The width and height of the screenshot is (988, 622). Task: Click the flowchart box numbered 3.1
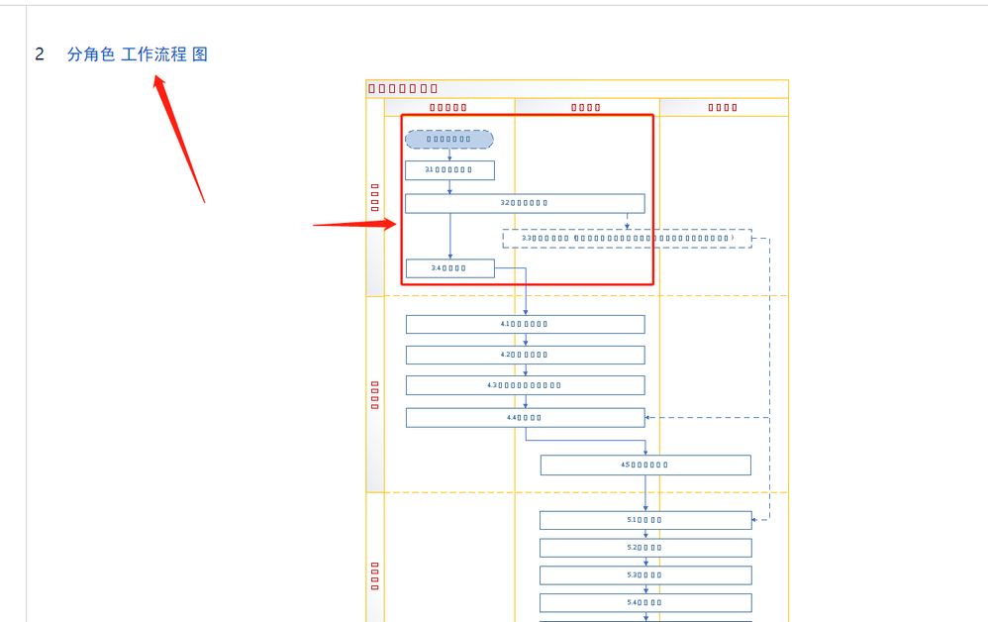(x=449, y=170)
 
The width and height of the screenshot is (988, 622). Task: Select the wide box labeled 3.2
(x=525, y=203)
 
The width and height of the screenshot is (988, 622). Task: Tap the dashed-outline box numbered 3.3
(x=627, y=239)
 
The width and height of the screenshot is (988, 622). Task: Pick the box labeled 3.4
(x=449, y=268)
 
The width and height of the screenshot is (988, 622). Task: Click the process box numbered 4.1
(x=525, y=324)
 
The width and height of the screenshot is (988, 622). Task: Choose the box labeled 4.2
(x=525, y=355)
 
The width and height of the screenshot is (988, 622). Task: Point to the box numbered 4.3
(x=525, y=385)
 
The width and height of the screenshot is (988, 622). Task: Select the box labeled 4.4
(x=525, y=418)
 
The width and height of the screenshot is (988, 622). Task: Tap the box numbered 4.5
(x=645, y=465)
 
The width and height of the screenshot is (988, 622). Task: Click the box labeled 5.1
(x=645, y=520)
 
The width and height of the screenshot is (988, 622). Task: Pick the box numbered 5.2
(x=645, y=548)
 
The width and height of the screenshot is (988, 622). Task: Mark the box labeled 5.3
(x=645, y=575)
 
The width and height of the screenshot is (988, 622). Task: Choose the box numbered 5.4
(x=645, y=602)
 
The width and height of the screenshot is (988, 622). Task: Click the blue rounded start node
(x=449, y=140)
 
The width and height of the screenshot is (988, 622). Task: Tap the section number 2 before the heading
(x=40, y=54)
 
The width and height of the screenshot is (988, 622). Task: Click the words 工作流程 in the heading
(x=153, y=54)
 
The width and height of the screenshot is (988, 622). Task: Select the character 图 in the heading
(x=200, y=54)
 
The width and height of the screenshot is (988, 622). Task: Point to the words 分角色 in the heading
(x=91, y=54)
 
